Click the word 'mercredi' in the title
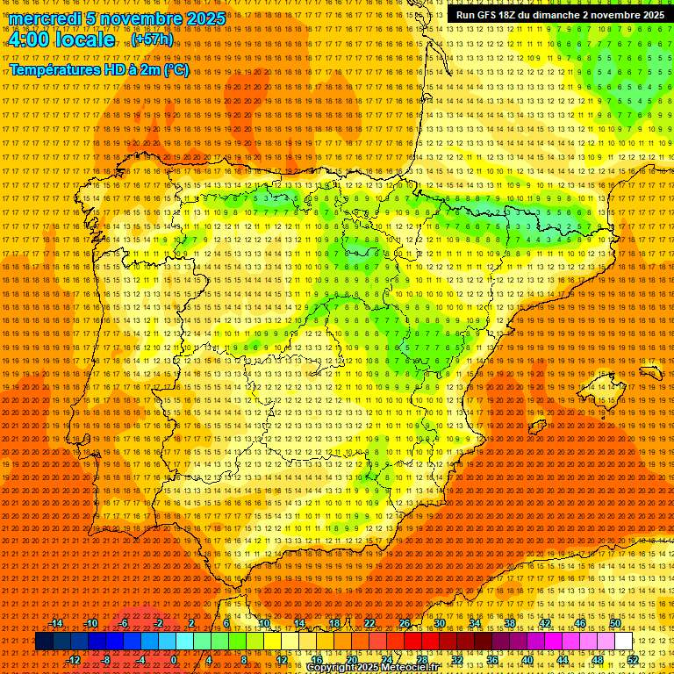click(x=45, y=18)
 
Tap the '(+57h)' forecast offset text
click(x=152, y=39)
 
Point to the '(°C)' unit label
click(x=176, y=69)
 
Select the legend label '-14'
click(x=56, y=623)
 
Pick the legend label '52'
click(x=633, y=660)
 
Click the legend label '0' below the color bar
click(x=174, y=660)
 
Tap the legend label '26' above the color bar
click(x=405, y=623)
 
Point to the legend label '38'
click(x=509, y=623)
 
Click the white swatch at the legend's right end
click(x=624, y=642)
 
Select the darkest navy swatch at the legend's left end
click(x=43, y=642)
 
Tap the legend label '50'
click(x=615, y=623)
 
